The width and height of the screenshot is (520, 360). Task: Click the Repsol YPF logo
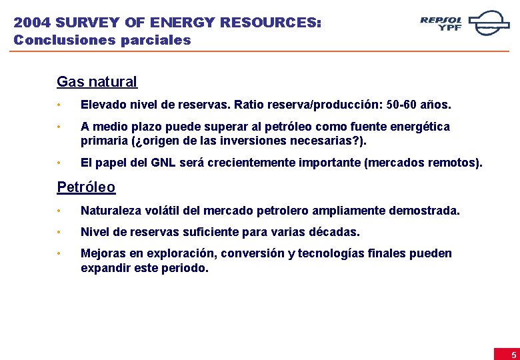tap(464, 23)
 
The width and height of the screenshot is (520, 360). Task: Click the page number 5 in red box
tap(513, 355)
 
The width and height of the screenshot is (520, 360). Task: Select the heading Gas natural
tap(97, 82)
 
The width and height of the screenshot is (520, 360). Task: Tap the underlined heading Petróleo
tap(86, 187)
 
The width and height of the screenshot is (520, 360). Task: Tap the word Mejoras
tap(102, 253)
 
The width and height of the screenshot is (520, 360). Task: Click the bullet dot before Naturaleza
tap(59, 211)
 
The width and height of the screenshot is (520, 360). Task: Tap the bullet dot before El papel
tap(59, 163)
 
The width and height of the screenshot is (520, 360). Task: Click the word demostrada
tap(425, 211)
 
